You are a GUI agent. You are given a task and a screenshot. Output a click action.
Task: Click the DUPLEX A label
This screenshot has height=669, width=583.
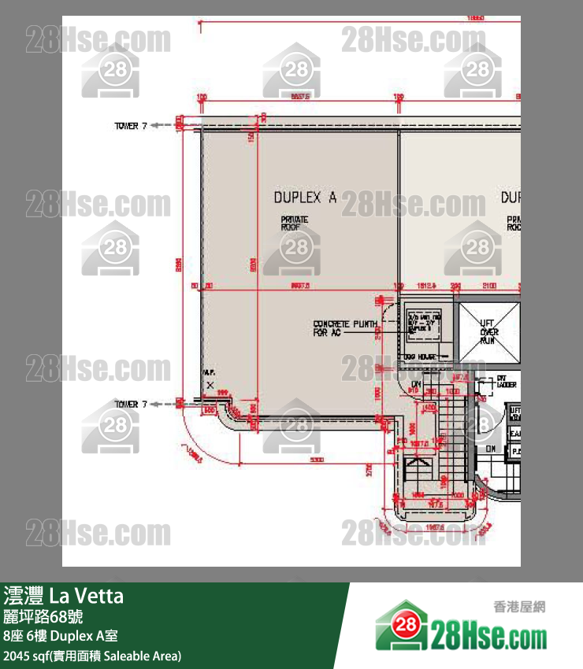(304, 198)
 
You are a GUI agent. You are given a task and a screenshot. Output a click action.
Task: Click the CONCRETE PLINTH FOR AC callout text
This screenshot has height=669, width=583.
(345, 328)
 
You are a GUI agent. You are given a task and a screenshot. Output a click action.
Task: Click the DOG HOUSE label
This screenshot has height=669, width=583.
(421, 357)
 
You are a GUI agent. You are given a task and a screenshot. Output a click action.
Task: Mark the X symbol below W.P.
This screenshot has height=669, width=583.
(210, 385)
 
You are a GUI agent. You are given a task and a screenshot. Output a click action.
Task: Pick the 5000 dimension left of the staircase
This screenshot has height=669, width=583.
(317, 460)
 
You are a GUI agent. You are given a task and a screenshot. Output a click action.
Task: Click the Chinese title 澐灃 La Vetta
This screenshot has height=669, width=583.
(64, 596)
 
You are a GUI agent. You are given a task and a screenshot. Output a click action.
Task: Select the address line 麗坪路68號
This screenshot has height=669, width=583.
(41, 616)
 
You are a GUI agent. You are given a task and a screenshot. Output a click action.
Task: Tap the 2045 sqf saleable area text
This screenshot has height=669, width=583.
(92, 656)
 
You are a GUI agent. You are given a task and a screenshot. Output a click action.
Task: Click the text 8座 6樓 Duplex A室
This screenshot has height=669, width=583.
(61, 636)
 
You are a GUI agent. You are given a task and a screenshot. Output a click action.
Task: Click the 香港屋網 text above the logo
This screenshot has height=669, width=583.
(519, 607)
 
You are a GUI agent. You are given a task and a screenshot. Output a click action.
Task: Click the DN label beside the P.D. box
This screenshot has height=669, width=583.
(490, 449)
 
